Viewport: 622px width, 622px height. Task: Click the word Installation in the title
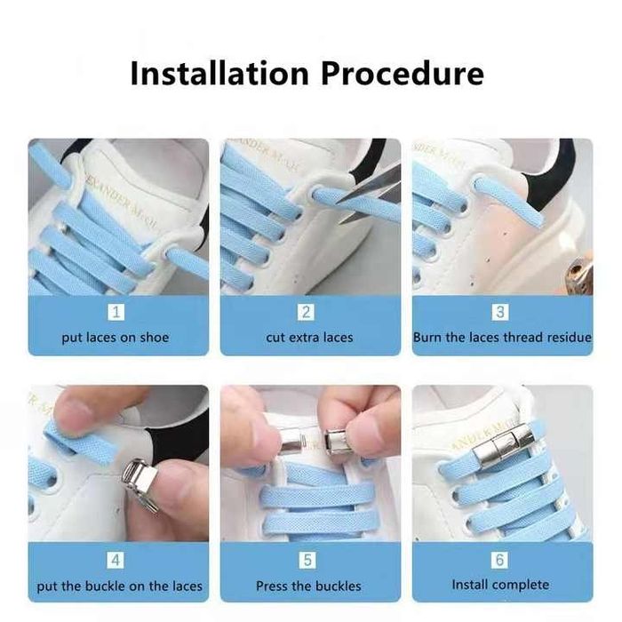219,74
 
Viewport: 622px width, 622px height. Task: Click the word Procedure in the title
403,74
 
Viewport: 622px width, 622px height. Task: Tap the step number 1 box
116,312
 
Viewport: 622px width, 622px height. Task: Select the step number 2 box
307,312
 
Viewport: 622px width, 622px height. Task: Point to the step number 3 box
500,312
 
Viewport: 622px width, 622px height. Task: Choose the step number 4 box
116,561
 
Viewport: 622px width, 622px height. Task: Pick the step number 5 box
307,561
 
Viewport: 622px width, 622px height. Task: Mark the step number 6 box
499,560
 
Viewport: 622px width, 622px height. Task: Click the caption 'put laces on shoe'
116,338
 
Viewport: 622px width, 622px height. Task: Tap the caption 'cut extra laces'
309,338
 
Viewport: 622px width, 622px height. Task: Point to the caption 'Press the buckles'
308,586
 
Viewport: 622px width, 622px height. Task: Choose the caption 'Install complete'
500,585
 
